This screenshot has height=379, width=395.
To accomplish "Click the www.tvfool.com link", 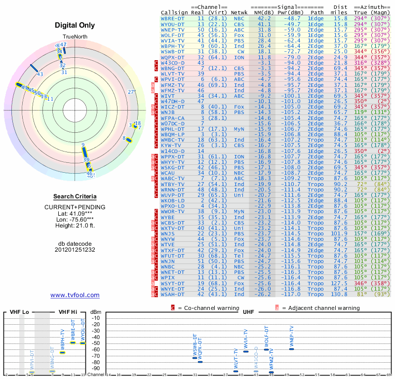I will [x=75, y=295].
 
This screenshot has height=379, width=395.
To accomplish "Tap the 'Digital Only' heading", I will [x=75, y=25].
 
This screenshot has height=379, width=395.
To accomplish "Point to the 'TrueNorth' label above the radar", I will [x=75, y=37].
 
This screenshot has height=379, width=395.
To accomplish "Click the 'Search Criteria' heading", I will [x=75, y=196].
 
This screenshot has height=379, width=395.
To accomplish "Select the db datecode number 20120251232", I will [x=75, y=250].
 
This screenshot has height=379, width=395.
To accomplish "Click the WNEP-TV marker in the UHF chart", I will [x=291, y=349].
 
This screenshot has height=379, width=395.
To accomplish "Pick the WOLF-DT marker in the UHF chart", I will [x=266, y=349].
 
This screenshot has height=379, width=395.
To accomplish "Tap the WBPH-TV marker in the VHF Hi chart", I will [x=63, y=352].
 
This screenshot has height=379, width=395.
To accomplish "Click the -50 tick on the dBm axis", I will [x=96, y=343].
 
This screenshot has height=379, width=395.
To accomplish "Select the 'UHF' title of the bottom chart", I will [x=249, y=313].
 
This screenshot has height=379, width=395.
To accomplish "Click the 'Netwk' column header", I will [x=239, y=12].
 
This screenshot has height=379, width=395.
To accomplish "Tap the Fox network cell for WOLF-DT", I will [x=239, y=35].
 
